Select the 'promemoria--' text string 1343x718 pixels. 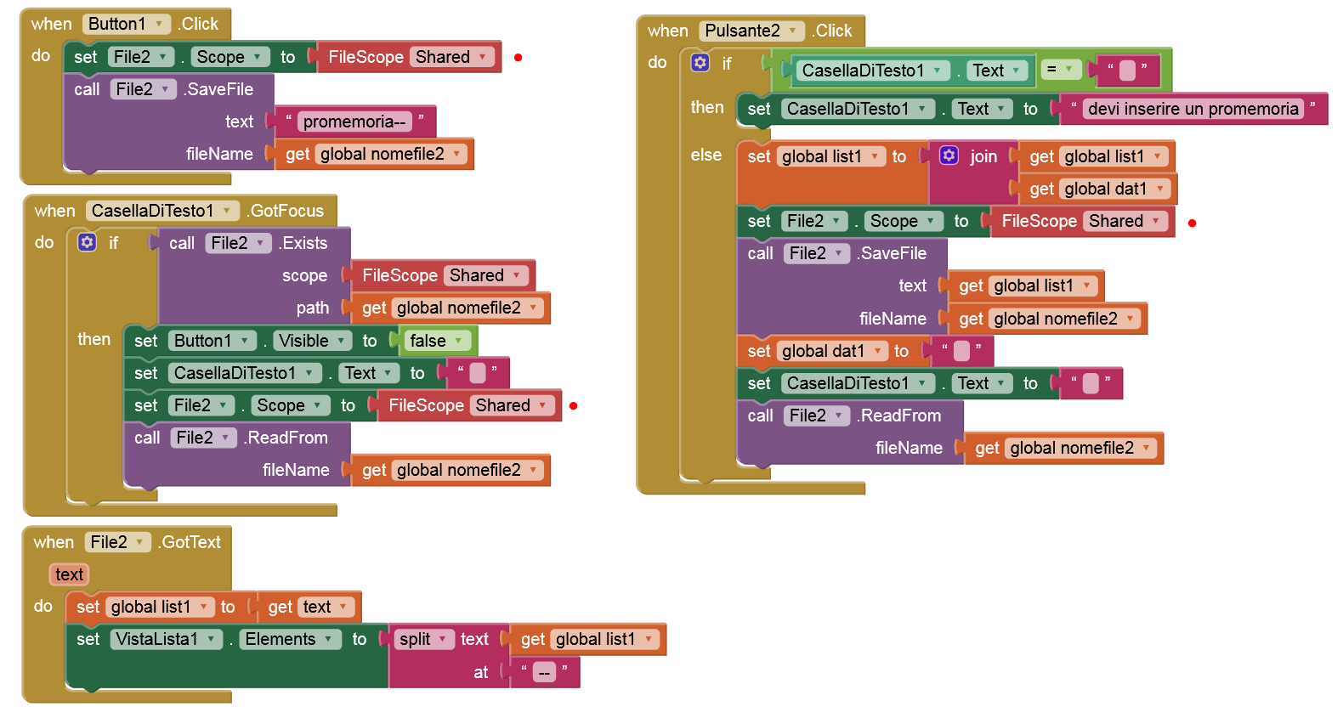click(354, 122)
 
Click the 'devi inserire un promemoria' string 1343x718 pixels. click(1193, 109)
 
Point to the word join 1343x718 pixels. click(983, 156)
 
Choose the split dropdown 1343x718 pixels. click(423, 639)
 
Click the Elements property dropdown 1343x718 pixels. click(288, 639)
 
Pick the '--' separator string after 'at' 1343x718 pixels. click(544, 672)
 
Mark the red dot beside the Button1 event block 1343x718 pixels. click(518, 58)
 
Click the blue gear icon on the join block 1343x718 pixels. click(949, 155)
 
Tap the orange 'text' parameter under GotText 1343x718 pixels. click(69, 574)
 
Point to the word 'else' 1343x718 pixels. click(706, 155)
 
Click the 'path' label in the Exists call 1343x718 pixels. click(312, 308)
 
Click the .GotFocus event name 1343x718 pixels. click(286, 211)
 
